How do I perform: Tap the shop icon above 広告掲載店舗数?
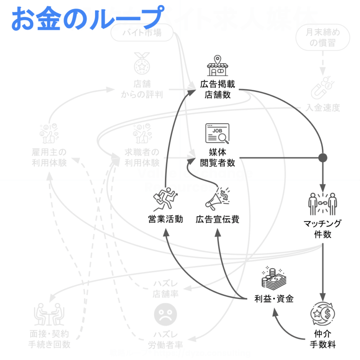click(x=218, y=66)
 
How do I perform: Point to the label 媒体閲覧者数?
click(x=217, y=157)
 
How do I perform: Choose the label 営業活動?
click(x=165, y=219)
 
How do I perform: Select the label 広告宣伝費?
click(x=218, y=219)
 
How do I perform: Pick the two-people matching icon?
click(x=322, y=203)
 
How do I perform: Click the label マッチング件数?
click(x=322, y=229)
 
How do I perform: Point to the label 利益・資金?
click(x=274, y=299)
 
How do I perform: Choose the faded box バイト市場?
click(x=142, y=33)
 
